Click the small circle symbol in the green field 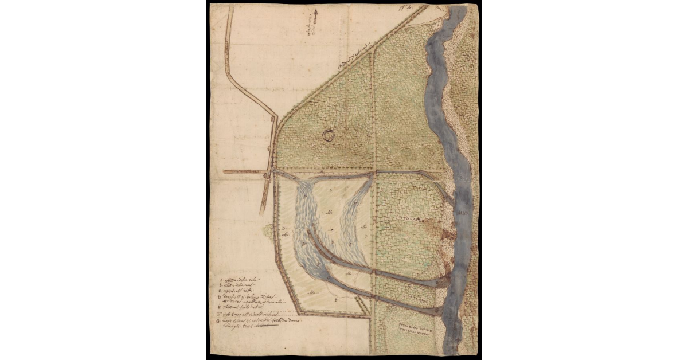(x=328, y=135)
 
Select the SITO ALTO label (x=409, y=219)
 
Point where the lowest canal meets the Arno (x=444, y=312)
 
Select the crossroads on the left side (x=268, y=171)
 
